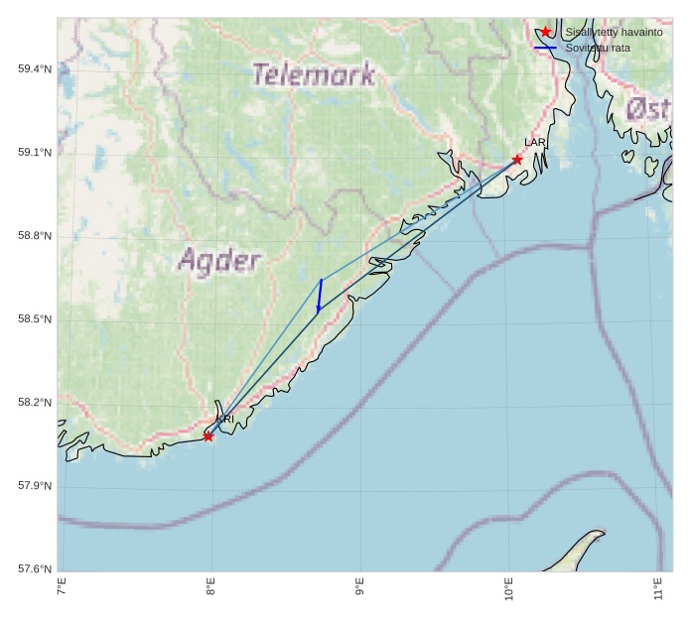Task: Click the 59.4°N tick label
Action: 35,68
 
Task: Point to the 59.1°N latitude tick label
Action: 35,152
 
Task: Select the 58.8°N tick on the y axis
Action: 35,235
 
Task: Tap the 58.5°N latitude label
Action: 35,318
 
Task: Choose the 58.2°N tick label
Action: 35,402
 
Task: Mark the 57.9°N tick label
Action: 35,485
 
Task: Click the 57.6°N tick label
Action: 35,568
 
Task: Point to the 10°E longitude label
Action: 508,588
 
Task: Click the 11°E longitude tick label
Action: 657,588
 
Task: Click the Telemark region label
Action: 313,74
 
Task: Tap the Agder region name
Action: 219,261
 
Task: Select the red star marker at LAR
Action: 517,160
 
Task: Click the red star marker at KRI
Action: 208,436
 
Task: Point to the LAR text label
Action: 535,143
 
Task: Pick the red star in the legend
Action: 545,32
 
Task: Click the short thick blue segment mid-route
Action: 320,296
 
